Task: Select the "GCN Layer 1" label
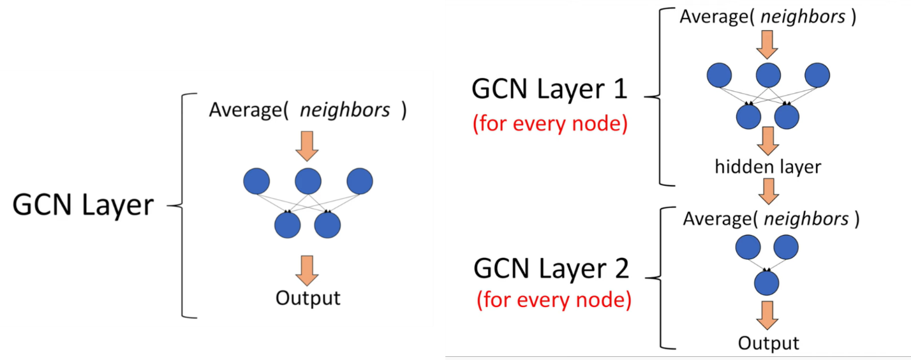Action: tap(549, 90)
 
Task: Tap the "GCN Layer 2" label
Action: tap(551, 269)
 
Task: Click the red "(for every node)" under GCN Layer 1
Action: tap(550, 123)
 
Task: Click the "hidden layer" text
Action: tap(768, 167)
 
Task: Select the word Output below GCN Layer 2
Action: tap(768, 343)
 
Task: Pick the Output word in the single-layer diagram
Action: tap(308, 297)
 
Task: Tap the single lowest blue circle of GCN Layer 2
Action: tap(767, 282)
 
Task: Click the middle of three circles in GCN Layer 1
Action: tap(768, 76)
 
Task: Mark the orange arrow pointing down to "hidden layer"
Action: tap(768, 140)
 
